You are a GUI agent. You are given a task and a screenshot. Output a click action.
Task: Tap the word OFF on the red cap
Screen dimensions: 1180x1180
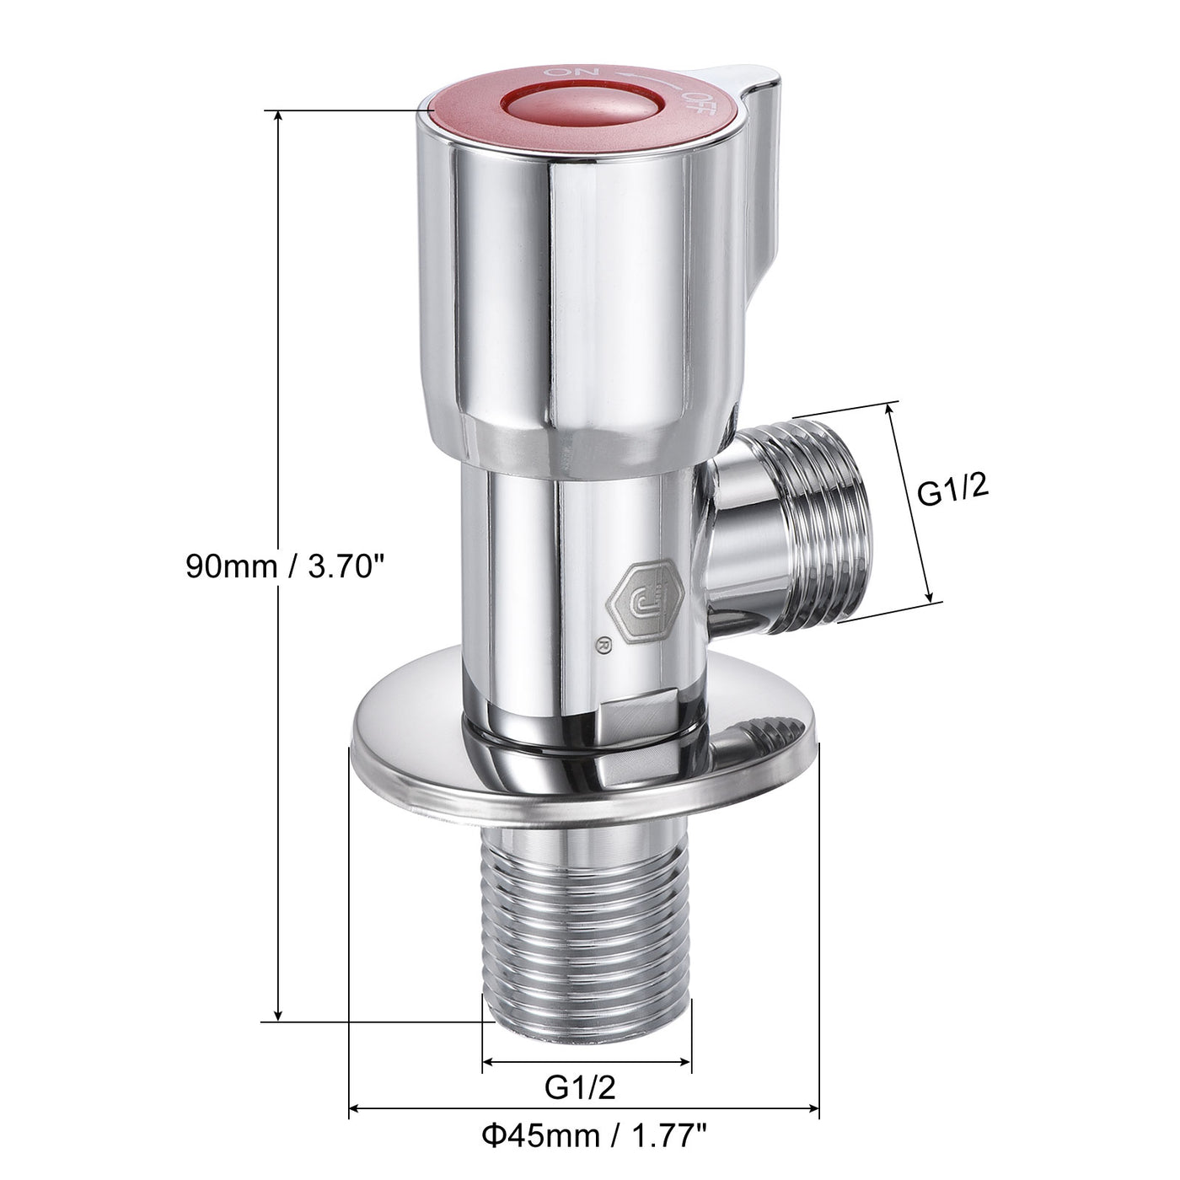click(x=699, y=98)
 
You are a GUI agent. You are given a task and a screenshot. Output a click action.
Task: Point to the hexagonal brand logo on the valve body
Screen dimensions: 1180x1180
click(x=645, y=595)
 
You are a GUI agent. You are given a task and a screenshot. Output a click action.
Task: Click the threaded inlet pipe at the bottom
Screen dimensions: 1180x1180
click(x=586, y=927)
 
